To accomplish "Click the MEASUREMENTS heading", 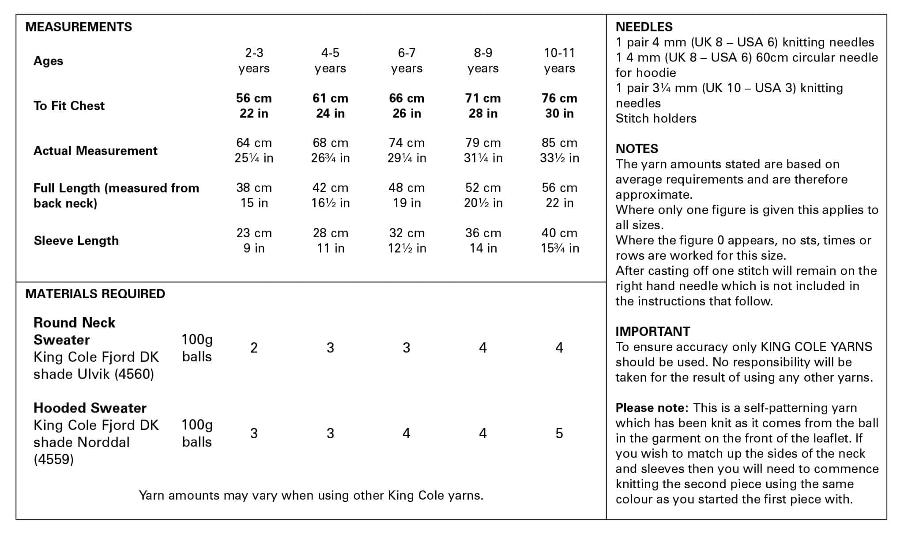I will point(79,27).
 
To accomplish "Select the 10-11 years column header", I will point(559,61).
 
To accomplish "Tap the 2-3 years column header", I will point(254,61).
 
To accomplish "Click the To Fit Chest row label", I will point(69,106).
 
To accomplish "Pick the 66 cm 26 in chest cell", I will point(407,106).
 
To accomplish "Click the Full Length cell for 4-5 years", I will point(330,195).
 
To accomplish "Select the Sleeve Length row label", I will point(76,241).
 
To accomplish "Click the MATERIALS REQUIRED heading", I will point(95,294).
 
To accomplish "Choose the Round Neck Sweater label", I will point(74,331).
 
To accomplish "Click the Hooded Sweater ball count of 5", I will point(559,433).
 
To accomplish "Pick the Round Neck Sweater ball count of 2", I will point(254,348).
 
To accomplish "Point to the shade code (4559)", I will point(53,459).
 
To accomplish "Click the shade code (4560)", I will point(134,374).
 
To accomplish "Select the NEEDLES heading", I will point(644,27).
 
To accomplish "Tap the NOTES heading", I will point(637,149).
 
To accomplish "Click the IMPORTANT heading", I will point(652,331).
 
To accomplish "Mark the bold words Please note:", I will point(652,408).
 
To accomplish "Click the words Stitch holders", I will point(656,118).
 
